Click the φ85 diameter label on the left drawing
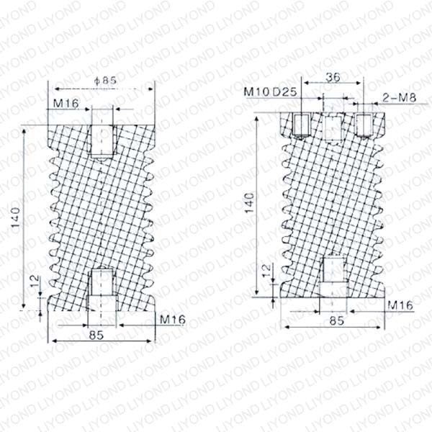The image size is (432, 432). (105, 80)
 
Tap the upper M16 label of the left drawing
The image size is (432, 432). (66, 103)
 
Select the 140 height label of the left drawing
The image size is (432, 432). (15, 217)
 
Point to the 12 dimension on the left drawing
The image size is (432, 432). (35, 281)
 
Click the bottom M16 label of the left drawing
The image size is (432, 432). (173, 320)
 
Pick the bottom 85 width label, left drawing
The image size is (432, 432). (96, 335)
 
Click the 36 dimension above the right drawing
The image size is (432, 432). (333, 77)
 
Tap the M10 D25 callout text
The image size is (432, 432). (270, 91)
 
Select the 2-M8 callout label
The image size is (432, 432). (399, 97)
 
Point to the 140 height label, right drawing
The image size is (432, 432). (250, 203)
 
